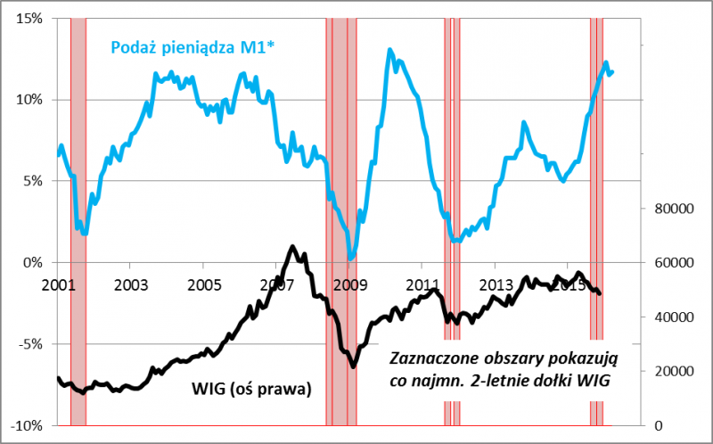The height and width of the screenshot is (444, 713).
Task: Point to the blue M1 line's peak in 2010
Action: (x=389, y=50)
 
